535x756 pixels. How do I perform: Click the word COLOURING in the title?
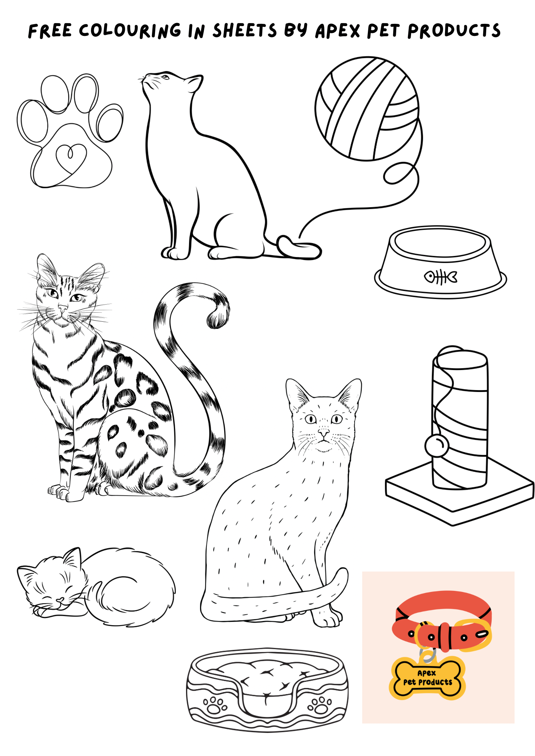(130, 31)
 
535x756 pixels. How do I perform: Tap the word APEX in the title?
(338, 31)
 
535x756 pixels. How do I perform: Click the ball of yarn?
(367, 109)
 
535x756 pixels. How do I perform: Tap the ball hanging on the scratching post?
(437, 446)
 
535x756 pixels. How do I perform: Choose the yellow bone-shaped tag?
(427, 679)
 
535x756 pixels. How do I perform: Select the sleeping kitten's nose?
(60, 600)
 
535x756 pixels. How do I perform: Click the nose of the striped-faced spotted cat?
(63, 309)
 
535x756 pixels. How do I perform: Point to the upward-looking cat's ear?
(195, 83)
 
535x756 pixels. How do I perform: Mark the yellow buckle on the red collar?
(473, 635)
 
